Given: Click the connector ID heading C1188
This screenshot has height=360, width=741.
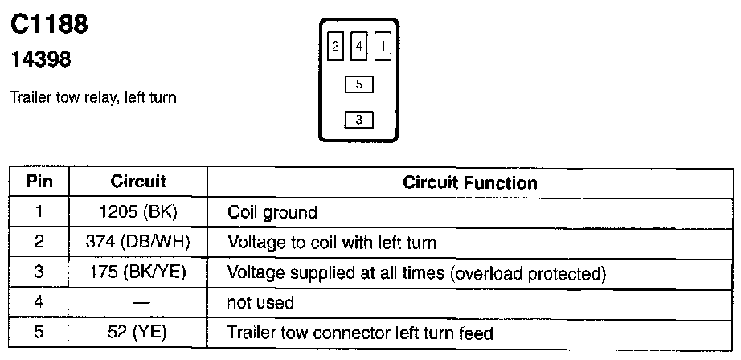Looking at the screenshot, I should click(x=49, y=25).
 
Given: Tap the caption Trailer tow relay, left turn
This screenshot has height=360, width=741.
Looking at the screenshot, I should click(x=93, y=98).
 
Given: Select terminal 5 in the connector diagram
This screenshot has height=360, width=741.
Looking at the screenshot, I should click(x=358, y=84).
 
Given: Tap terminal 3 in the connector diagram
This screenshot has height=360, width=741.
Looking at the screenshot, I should click(x=358, y=120).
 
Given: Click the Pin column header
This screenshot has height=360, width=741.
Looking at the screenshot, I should click(x=39, y=182).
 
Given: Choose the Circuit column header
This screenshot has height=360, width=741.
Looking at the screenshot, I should click(x=137, y=182).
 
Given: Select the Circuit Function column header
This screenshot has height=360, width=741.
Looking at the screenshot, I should click(x=469, y=183).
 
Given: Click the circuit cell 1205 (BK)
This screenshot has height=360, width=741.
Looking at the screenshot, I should click(x=137, y=212).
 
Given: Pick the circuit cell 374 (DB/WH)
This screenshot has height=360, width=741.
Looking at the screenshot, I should click(x=137, y=242).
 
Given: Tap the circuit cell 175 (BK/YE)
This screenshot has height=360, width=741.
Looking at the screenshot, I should click(x=137, y=272).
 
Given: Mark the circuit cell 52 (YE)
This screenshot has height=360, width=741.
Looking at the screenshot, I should click(x=137, y=332).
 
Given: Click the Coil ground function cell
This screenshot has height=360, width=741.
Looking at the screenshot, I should click(x=272, y=213).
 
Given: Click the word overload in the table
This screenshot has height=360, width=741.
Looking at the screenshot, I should click(x=489, y=273).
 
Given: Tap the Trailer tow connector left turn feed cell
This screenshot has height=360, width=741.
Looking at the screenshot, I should click(x=360, y=333).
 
